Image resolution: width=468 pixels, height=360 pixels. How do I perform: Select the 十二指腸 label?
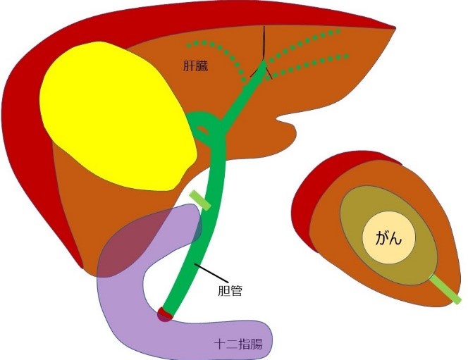click(x=238, y=345)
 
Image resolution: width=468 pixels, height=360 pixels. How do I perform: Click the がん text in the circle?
click(x=390, y=237)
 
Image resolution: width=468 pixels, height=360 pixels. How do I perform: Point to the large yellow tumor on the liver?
click(x=116, y=116)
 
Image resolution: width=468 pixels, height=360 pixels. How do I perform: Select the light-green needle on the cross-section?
click(x=444, y=289)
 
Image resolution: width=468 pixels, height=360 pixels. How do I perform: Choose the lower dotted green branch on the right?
click(x=317, y=68)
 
